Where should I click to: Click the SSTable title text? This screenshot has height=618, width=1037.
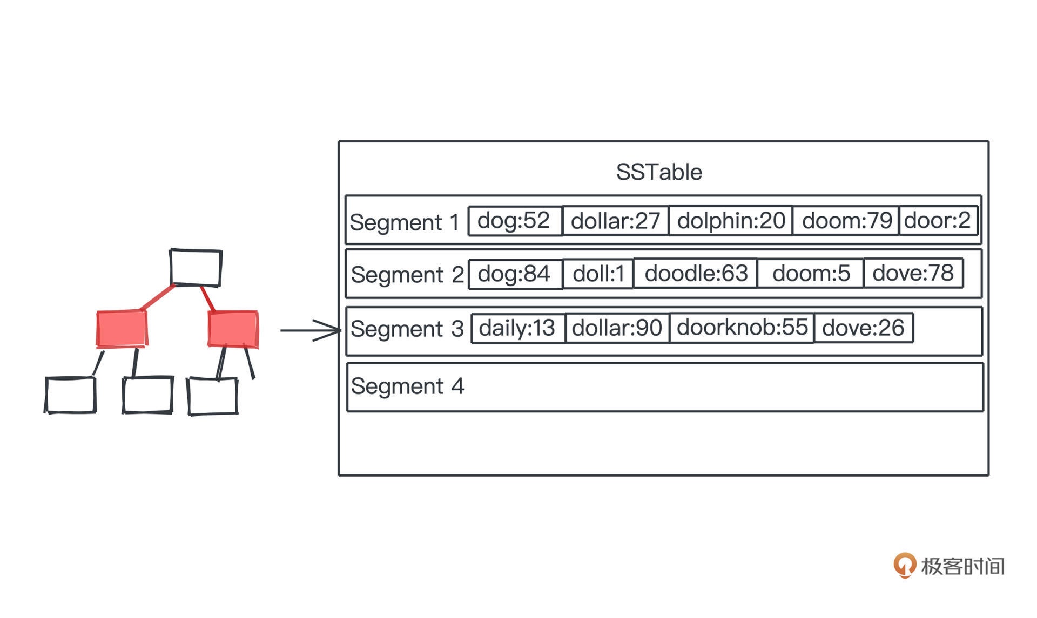click(x=659, y=172)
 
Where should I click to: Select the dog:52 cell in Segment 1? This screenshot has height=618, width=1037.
click(x=514, y=221)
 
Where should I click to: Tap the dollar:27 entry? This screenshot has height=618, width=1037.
click(x=615, y=221)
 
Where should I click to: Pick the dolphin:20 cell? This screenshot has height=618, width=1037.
click(x=731, y=221)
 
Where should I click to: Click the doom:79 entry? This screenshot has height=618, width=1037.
click(x=846, y=221)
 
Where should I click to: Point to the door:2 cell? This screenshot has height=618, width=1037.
click(x=938, y=221)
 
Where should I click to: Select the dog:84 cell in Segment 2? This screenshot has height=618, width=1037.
click(x=514, y=274)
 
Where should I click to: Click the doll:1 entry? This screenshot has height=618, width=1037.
click(x=598, y=274)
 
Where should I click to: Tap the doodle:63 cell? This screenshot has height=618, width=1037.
click(x=696, y=274)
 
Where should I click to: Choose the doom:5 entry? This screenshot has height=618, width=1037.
click(x=811, y=274)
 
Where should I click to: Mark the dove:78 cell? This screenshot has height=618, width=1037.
click(x=913, y=273)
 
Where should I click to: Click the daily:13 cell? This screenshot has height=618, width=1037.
click(x=517, y=328)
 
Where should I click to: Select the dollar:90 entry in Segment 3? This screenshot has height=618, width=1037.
click(x=617, y=328)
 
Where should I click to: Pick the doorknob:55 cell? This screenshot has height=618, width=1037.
click(x=742, y=328)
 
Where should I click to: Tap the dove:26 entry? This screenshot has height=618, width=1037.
click(x=863, y=328)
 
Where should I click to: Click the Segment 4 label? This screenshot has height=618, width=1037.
click(x=407, y=386)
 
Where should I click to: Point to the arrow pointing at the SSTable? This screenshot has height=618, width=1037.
click(x=311, y=330)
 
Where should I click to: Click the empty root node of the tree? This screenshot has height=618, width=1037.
click(x=196, y=267)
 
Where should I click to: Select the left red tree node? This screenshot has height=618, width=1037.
click(x=122, y=328)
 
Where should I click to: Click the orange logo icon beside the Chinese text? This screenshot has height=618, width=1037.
click(x=904, y=565)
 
